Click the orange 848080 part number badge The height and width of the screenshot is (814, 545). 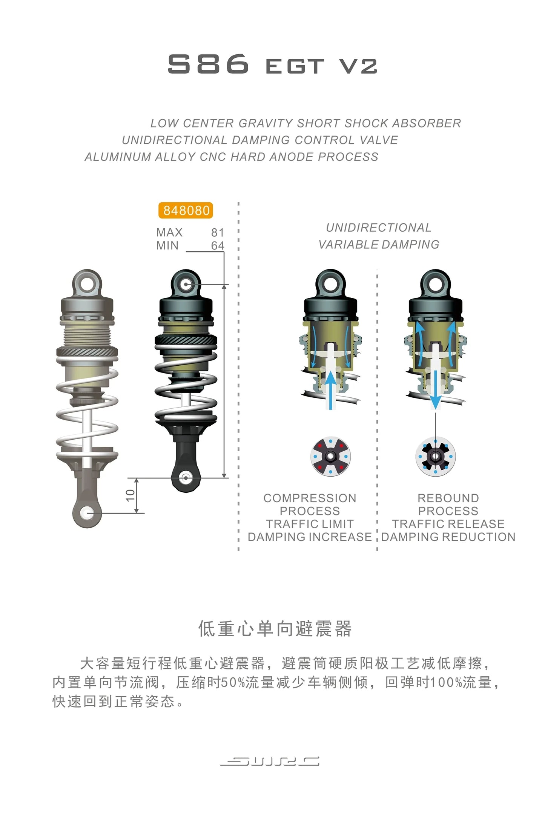[x=186, y=210]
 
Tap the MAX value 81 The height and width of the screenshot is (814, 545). [x=218, y=232]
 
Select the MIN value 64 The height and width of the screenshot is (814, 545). [x=218, y=245]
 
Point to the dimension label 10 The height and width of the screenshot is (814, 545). [x=130, y=495]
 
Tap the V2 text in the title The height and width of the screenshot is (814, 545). [x=358, y=66]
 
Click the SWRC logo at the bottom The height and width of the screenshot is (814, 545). [x=270, y=761]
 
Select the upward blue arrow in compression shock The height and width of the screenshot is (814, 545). [x=331, y=390]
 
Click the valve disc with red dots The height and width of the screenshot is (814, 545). [x=330, y=456]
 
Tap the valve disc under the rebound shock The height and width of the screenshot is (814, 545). [x=435, y=456]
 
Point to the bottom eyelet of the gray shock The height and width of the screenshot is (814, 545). [x=88, y=513]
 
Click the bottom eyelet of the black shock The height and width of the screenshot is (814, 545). [x=186, y=478]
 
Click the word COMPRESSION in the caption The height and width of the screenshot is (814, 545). [x=310, y=498]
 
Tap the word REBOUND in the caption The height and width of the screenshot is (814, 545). [x=448, y=498]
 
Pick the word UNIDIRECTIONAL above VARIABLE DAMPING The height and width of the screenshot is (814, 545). [x=379, y=228]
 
